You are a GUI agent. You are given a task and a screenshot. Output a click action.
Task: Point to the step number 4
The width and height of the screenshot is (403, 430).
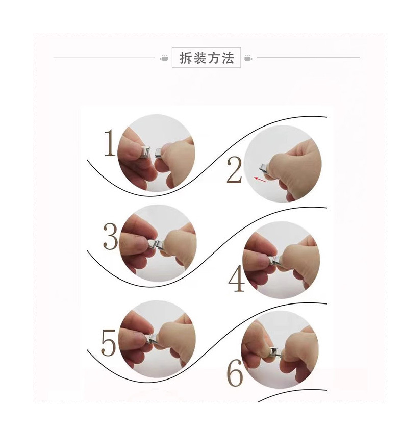(x=236, y=279)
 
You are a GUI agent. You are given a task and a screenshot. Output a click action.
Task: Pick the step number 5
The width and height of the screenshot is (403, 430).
(x=109, y=342)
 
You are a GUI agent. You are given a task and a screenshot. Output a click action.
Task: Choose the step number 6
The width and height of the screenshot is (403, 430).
(x=235, y=374)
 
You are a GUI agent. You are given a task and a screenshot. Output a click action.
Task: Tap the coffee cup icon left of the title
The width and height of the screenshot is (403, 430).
(x=164, y=58)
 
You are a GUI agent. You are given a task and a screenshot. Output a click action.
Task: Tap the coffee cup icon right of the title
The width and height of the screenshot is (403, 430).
(x=248, y=58)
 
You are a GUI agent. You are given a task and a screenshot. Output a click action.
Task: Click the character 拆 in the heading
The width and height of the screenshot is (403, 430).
(x=185, y=58)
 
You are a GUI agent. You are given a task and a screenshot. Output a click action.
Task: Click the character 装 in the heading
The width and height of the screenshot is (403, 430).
(x=199, y=58)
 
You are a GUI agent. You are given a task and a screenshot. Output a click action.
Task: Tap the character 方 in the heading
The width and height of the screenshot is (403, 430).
(x=214, y=58)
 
